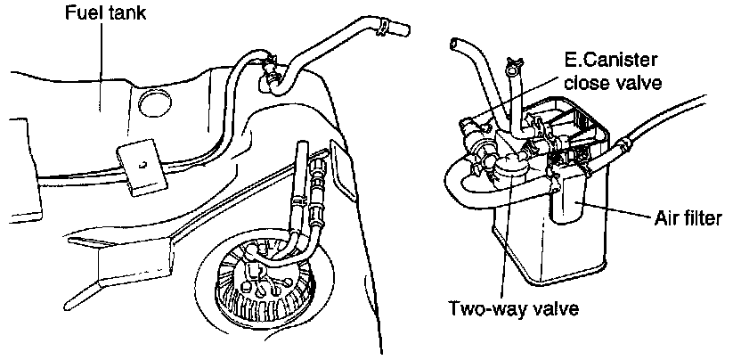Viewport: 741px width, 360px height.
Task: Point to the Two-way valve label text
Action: coord(515,309)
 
